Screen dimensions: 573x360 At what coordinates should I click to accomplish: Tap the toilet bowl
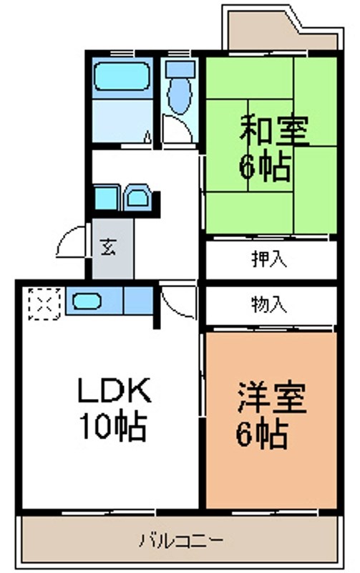(x=178, y=92)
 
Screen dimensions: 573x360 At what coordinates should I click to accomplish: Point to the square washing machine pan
(x=107, y=198)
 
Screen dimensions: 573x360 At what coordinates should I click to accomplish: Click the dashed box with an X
(x=42, y=302)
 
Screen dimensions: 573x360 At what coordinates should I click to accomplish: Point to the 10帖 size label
(x=114, y=428)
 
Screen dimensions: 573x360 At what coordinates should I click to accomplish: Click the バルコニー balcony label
(x=182, y=539)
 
